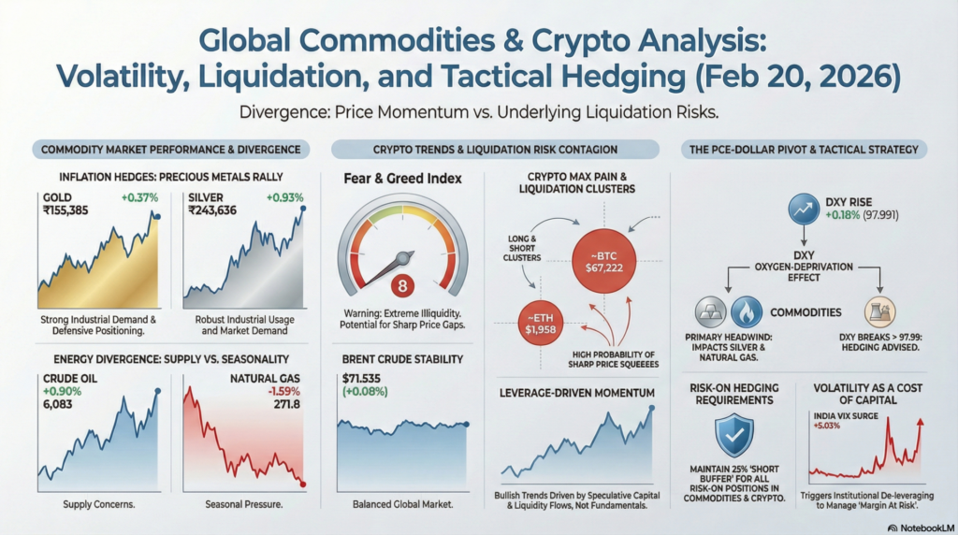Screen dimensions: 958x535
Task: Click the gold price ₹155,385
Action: tap(65, 210)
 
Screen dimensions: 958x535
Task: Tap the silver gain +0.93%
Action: tap(284, 198)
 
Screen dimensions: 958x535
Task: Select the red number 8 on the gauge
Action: tap(402, 285)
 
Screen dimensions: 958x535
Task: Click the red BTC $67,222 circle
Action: tap(603, 261)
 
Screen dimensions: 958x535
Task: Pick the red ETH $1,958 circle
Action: tap(540, 324)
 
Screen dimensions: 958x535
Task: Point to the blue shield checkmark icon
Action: tap(733, 436)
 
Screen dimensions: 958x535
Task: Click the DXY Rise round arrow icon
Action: tap(804, 209)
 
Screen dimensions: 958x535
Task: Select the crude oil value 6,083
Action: tap(57, 404)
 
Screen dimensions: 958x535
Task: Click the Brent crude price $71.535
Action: tap(361, 379)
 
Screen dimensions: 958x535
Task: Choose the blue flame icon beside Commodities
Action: tap(746, 312)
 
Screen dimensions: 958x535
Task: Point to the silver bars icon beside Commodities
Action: tap(711, 312)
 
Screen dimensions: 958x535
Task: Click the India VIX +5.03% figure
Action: tap(827, 426)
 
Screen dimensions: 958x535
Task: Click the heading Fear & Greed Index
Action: tap(402, 179)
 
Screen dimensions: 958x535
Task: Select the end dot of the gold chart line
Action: tap(157, 217)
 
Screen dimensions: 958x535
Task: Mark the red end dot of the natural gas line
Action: tap(303, 484)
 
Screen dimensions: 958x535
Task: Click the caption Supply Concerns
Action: tap(99, 504)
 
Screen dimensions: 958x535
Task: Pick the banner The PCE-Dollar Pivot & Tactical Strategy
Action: tap(804, 150)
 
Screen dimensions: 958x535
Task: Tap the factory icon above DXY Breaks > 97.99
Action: tap(879, 312)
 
